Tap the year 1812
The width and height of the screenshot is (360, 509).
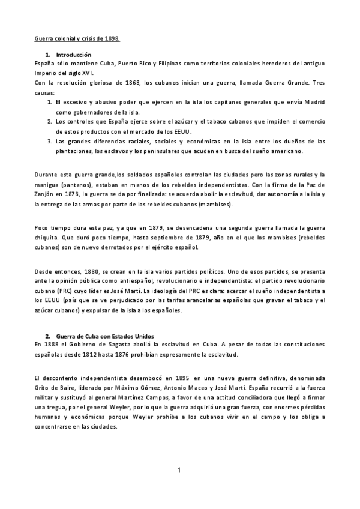pos(101,354)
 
